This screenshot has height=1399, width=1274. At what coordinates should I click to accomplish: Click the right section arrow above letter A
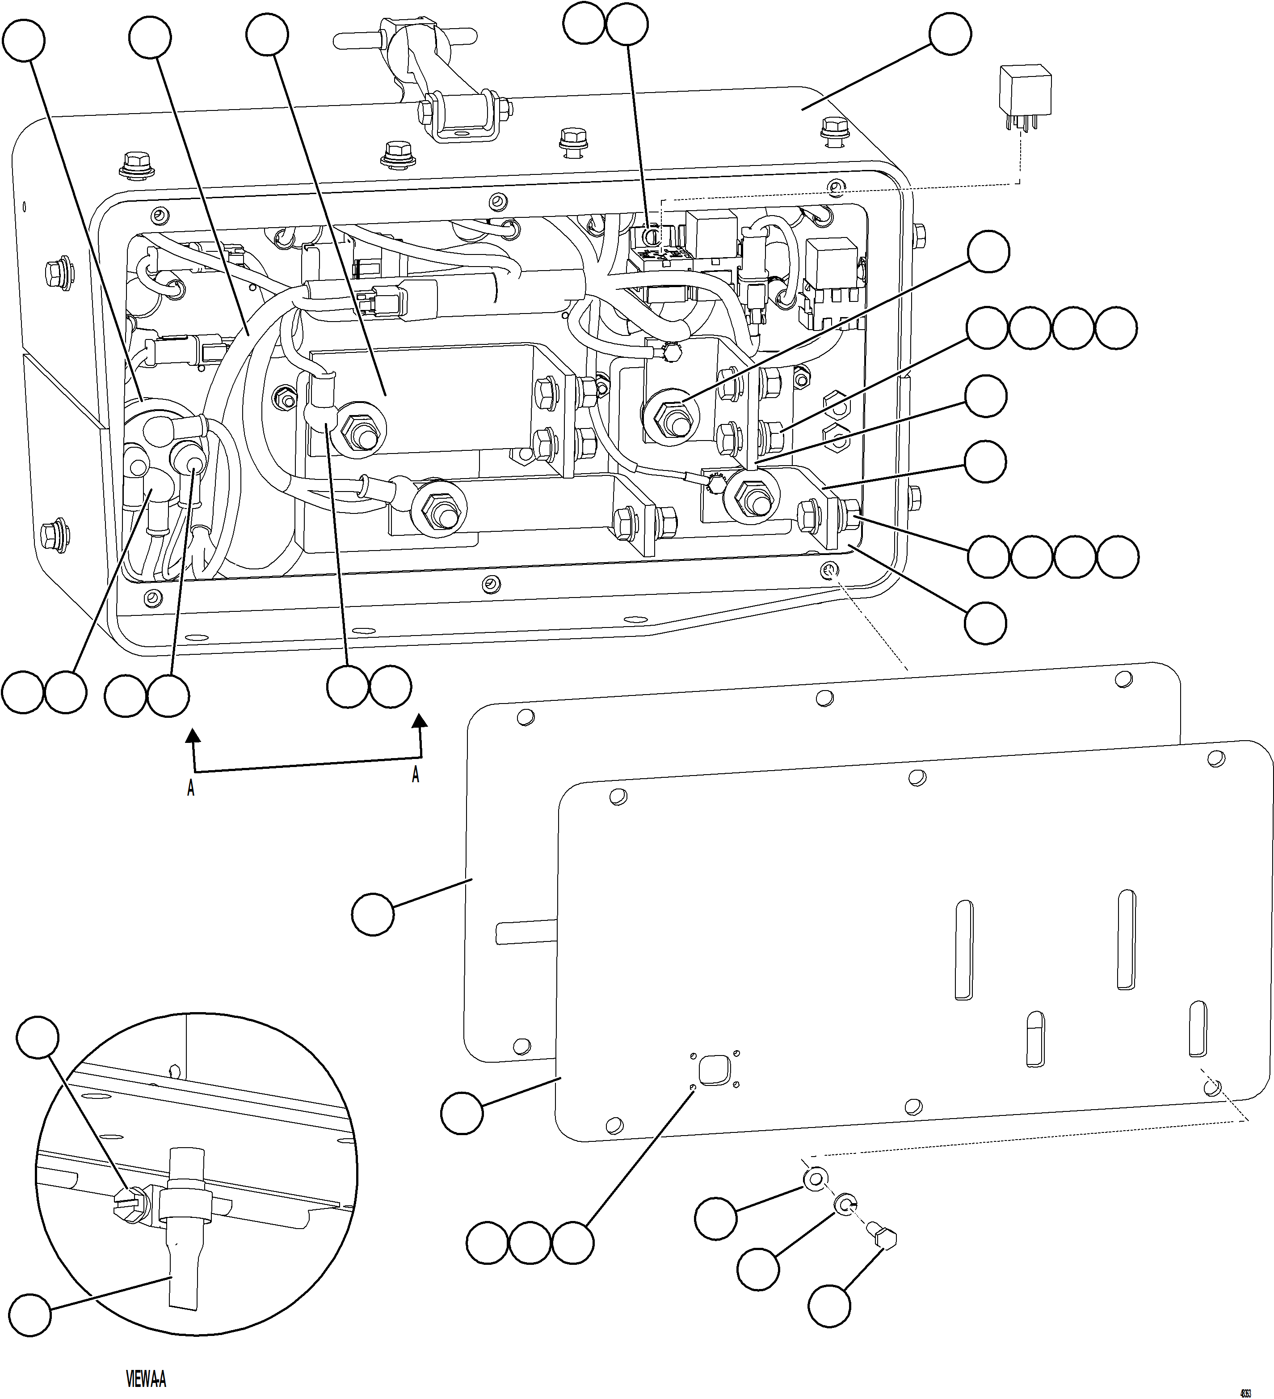[x=419, y=723]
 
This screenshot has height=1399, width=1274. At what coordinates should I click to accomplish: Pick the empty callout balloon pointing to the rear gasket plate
[x=373, y=915]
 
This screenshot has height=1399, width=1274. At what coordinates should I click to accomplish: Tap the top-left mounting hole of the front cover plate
[x=614, y=797]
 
